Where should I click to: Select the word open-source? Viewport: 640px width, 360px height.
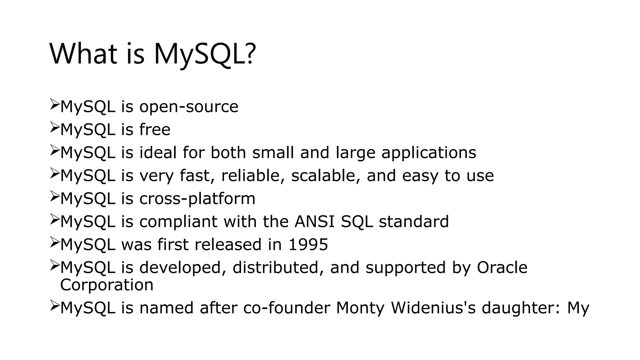click(x=189, y=107)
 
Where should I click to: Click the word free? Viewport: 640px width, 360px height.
click(x=155, y=130)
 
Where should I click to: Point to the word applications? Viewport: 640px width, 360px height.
click(x=429, y=153)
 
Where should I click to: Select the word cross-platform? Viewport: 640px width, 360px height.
click(x=197, y=199)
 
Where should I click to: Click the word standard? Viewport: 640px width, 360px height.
click(x=414, y=222)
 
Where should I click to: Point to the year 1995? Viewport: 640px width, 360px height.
click(x=308, y=244)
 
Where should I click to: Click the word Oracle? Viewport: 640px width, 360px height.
click(x=502, y=267)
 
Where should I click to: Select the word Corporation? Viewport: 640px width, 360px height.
click(x=107, y=285)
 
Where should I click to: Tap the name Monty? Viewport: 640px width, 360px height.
click(x=360, y=308)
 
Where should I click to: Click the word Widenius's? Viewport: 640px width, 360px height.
click(x=433, y=308)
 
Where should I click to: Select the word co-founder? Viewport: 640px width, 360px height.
click(x=287, y=308)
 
